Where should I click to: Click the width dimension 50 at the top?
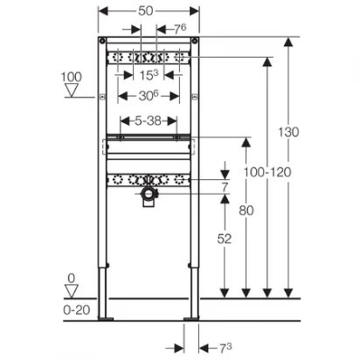[145, 11]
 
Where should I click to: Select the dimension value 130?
[288, 132]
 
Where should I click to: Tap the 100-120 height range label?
[267, 172]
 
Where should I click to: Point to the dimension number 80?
[246, 211]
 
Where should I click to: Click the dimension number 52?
[225, 239]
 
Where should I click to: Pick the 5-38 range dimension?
[148, 121]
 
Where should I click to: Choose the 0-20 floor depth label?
[77, 310]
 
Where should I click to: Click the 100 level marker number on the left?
[71, 77]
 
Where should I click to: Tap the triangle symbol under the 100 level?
[72, 90]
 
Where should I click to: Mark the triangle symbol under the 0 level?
[72, 291]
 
